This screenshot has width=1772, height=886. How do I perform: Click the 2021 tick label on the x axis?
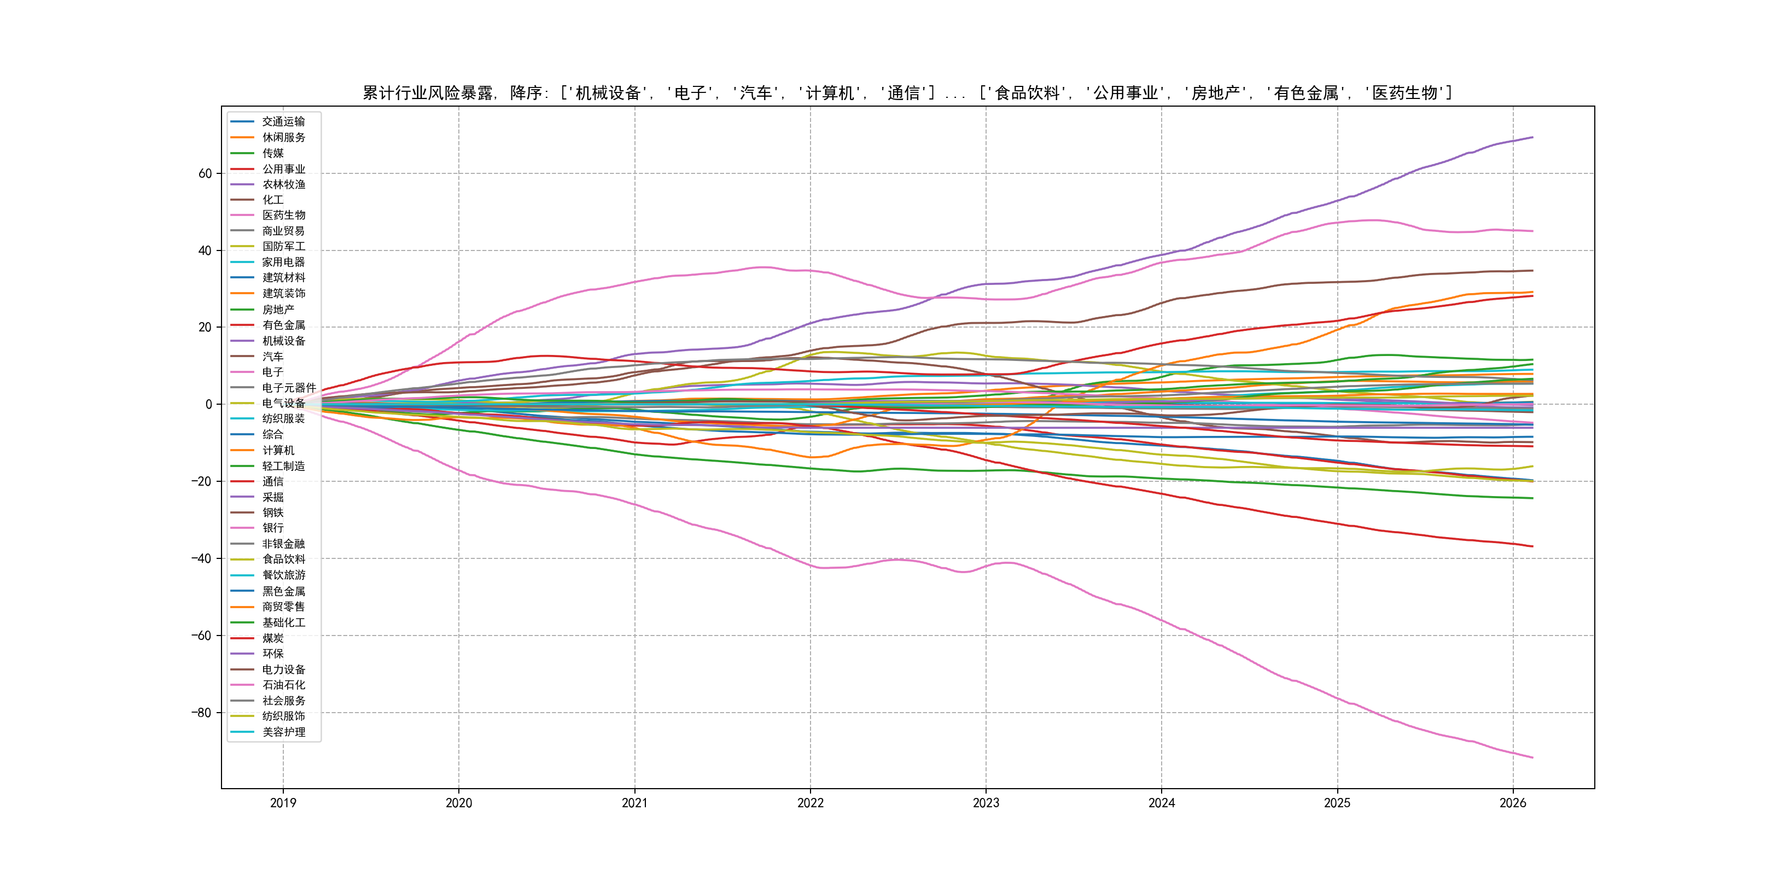click(x=634, y=803)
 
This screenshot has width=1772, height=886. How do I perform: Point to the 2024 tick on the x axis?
click(x=1161, y=803)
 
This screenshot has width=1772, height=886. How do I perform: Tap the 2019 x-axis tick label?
click(x=283, y=803)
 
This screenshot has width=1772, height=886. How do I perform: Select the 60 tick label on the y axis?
click(x=205, y=174)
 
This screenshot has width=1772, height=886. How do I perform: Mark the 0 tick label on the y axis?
click(x=208, y=405)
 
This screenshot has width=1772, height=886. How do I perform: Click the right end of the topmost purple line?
click(x=1532, y=138)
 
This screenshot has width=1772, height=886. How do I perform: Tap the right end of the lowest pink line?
click(x=1532, y=757)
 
